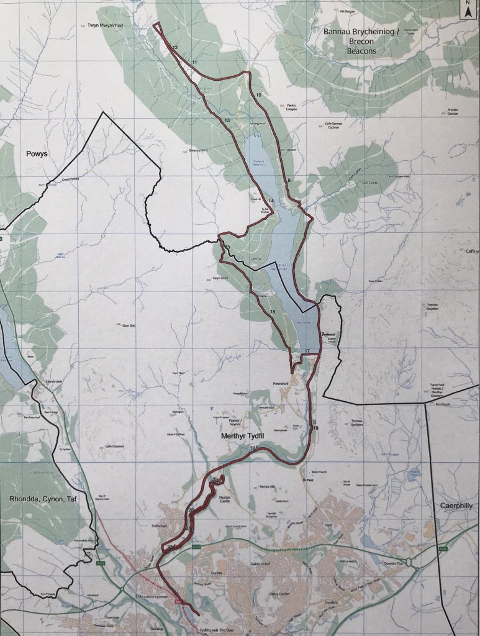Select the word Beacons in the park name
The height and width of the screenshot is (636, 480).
tap(357, 51)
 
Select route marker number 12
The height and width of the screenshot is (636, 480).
tap(175, 48)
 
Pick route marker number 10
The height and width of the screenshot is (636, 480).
tap(258, 94)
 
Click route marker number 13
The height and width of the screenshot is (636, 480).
tap(228, 120)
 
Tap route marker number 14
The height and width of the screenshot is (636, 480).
tap(271, 201)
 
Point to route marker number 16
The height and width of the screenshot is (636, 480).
tap(272, 311)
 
